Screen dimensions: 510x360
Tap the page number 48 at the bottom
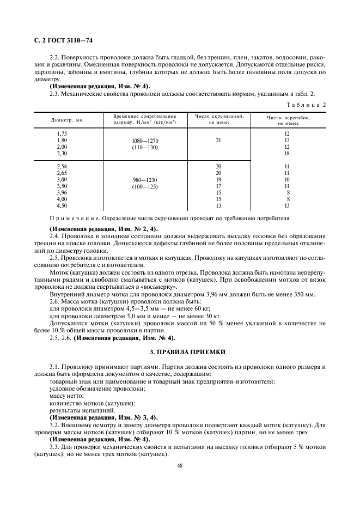click(179, 465)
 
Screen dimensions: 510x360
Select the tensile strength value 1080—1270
click(145, 141)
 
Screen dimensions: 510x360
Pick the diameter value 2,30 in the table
click(62, 154)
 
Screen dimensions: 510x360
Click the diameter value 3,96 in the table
click(62, 192)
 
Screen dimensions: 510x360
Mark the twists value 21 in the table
click(218, 141)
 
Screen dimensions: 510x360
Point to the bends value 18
click(287, 154)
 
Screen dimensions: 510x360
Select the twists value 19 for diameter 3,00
click(218, 179)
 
